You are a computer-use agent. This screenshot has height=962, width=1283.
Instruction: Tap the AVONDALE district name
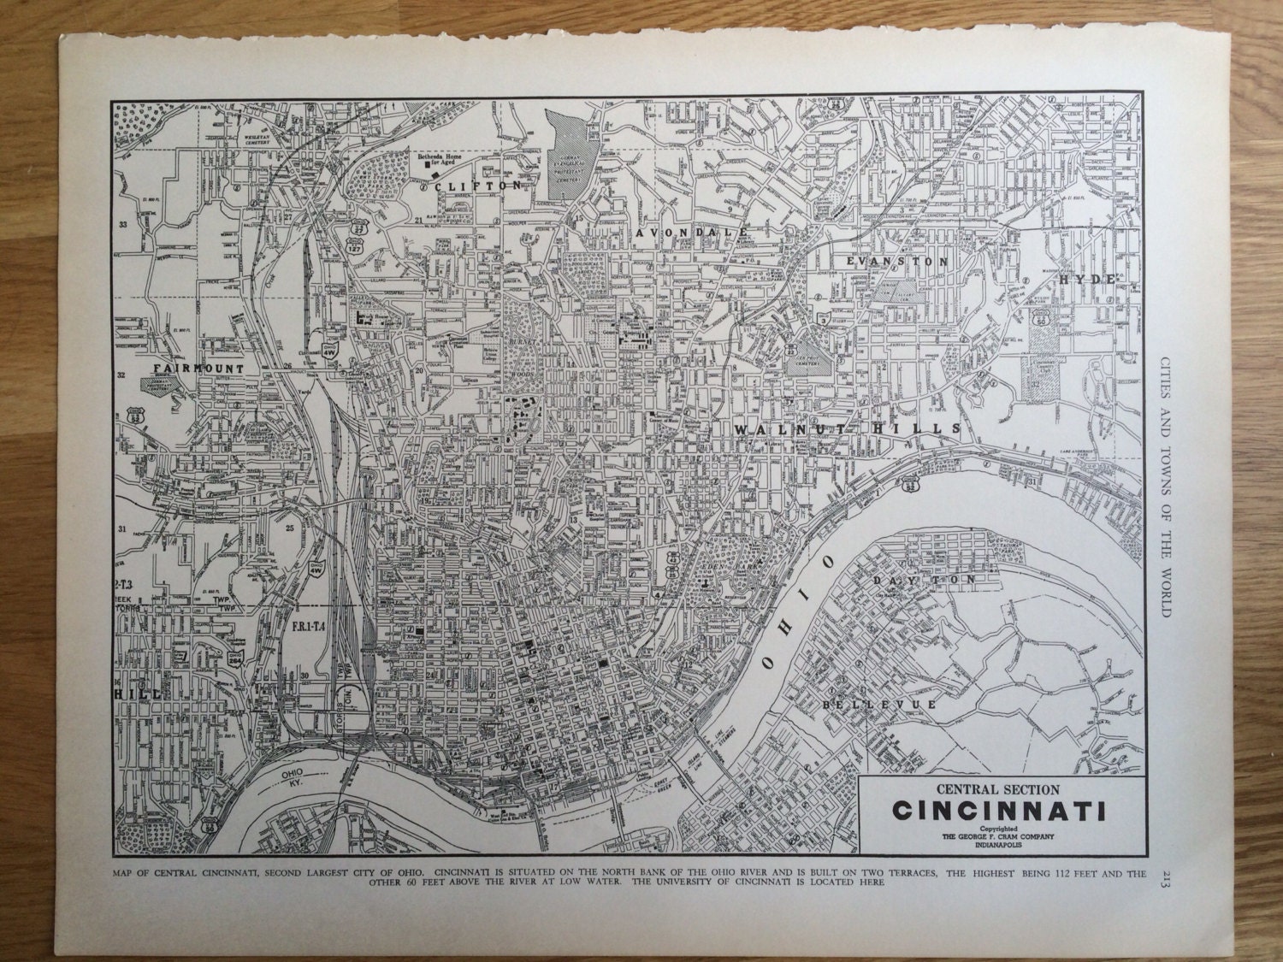coord(693,232)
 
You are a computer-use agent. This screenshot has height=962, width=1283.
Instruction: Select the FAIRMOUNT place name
coord(199,368)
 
